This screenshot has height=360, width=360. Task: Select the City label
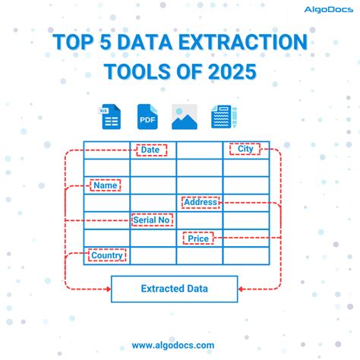click(x=245, y=150)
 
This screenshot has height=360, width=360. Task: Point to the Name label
click(x=106, y=185)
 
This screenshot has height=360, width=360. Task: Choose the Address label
click(x=201, y=203)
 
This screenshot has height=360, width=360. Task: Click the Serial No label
click(x=152, y=220)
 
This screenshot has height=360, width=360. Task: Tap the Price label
click(x=198, y=238)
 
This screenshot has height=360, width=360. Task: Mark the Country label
click(x=106, y=256)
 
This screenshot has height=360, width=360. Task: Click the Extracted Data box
click(x=175, y=289)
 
